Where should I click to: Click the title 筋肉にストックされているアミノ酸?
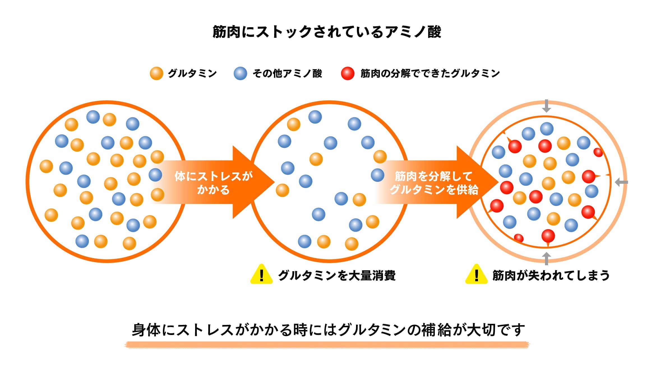point(327,32)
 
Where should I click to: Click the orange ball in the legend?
point(156,73)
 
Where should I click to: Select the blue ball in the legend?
point(240,73)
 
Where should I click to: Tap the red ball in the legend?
point(348,73)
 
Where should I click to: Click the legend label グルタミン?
point(192,73)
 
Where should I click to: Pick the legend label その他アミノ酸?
point(287,73)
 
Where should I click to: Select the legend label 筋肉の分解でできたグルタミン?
point(430,73)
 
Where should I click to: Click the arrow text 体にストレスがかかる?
point(213,183)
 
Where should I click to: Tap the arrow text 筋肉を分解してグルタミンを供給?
point(434,183)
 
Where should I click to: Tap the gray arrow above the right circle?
point(546,106)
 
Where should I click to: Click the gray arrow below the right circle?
point(546,259)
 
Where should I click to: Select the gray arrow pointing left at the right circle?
point(621,182)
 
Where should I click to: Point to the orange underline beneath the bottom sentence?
point(327,345)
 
